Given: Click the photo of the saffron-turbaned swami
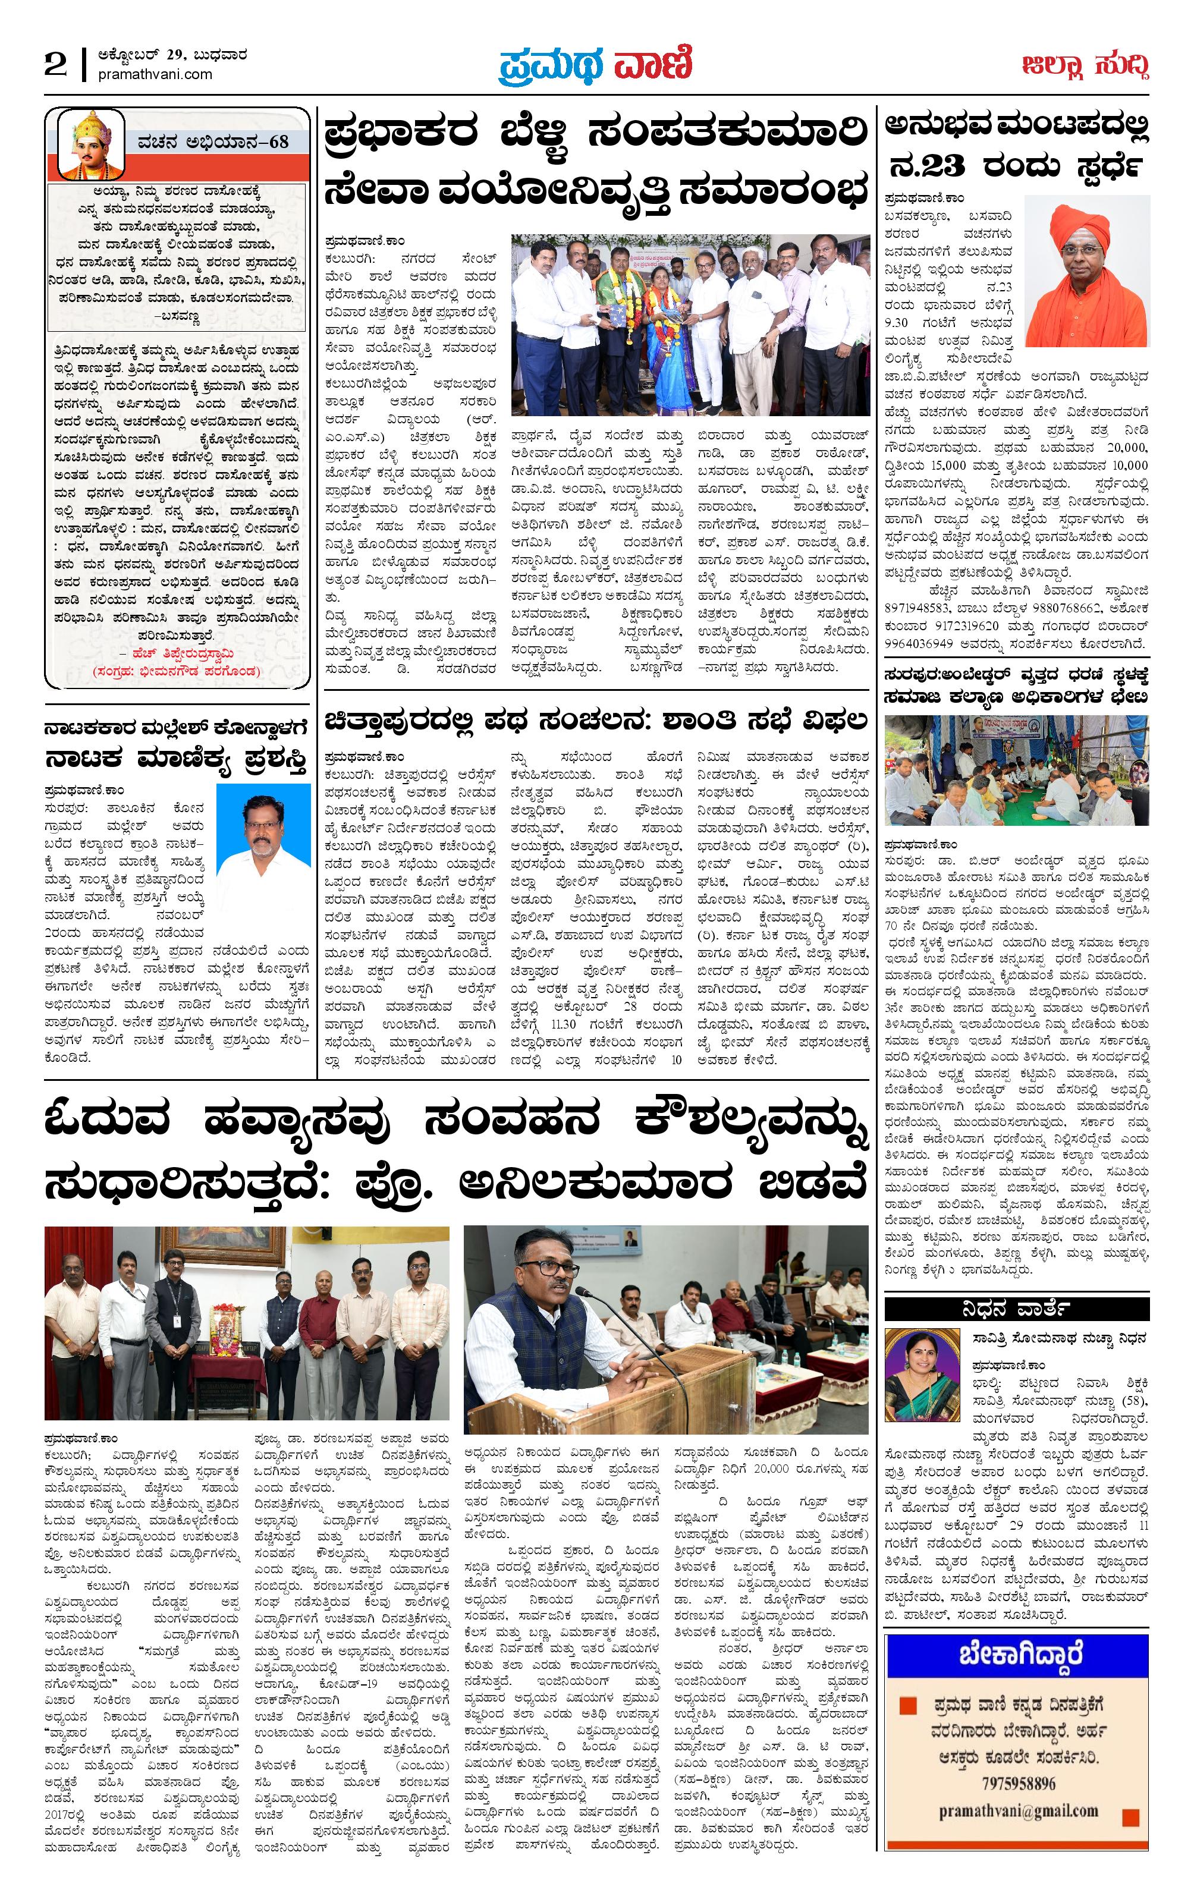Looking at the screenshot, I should click(x=1088, y=272).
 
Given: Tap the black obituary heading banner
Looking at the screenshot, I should click(x=1016, y=1309).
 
